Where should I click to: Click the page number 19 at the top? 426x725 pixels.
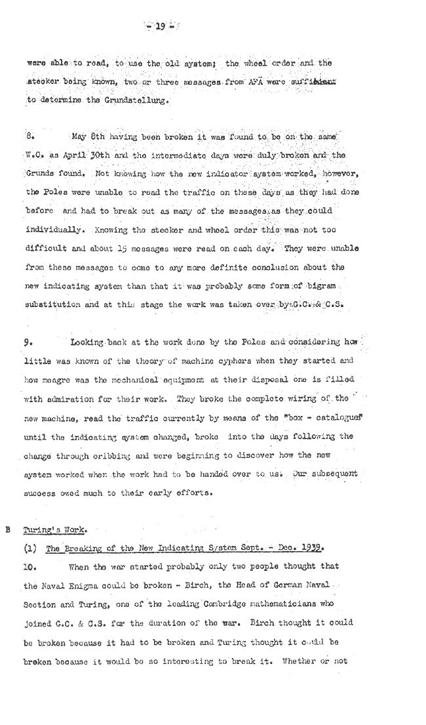coord(158,26)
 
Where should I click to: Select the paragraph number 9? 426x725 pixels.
coord(29,342)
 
